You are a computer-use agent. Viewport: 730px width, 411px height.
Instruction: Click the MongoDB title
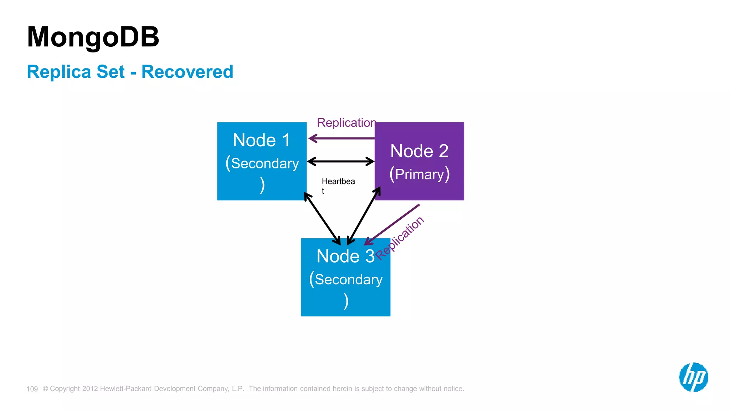93,37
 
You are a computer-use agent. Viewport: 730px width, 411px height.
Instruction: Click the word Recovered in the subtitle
187,72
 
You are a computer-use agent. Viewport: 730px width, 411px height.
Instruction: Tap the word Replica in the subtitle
59,72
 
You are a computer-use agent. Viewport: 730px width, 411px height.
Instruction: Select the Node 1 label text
261,140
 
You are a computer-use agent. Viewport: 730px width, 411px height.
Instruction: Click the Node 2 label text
419,151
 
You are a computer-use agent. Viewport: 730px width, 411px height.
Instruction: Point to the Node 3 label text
345,256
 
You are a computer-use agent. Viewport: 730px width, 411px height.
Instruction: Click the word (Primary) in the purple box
419,174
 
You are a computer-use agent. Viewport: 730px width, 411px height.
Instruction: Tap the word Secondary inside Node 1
264,163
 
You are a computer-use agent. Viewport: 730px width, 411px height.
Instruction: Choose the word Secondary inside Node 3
348,279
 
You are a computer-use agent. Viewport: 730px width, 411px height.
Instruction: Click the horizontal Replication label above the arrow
346,123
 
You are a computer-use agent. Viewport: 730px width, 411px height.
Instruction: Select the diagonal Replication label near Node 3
400,238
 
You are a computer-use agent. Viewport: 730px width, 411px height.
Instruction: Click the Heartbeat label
338,182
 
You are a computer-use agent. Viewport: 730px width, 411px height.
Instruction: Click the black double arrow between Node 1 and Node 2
341,162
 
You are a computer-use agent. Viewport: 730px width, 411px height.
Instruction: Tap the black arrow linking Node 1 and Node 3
322,218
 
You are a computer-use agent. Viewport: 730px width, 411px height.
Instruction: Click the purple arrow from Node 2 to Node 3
392,224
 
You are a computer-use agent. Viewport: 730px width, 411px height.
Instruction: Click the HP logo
693,377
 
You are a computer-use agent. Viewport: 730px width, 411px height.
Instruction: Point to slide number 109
32,389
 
